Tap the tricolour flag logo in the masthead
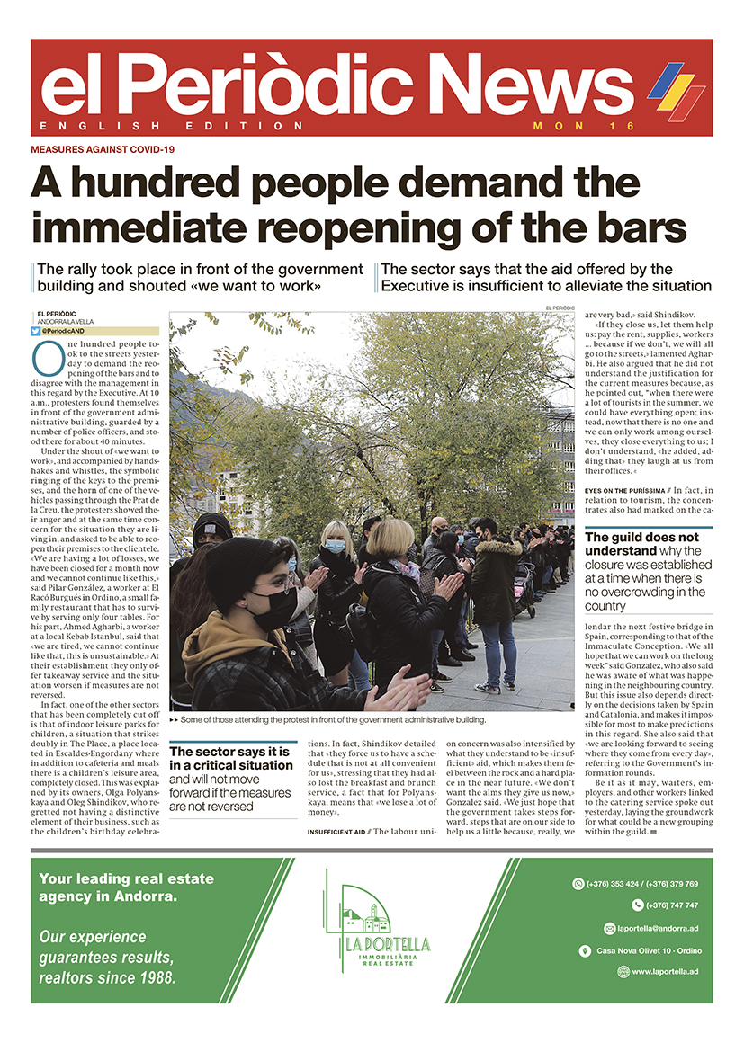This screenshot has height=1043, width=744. (x=677, y=90)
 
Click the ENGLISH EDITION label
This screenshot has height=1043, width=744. (x=172, y=126)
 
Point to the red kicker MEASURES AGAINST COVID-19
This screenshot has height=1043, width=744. (x=103, y=149)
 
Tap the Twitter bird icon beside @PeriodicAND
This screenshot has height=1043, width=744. (x=36, y=331)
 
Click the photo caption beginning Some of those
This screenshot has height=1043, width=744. (x=333, y=720)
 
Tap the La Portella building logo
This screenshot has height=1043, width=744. (x=372, y=916)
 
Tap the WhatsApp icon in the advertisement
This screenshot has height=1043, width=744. (x=578, y=884)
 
